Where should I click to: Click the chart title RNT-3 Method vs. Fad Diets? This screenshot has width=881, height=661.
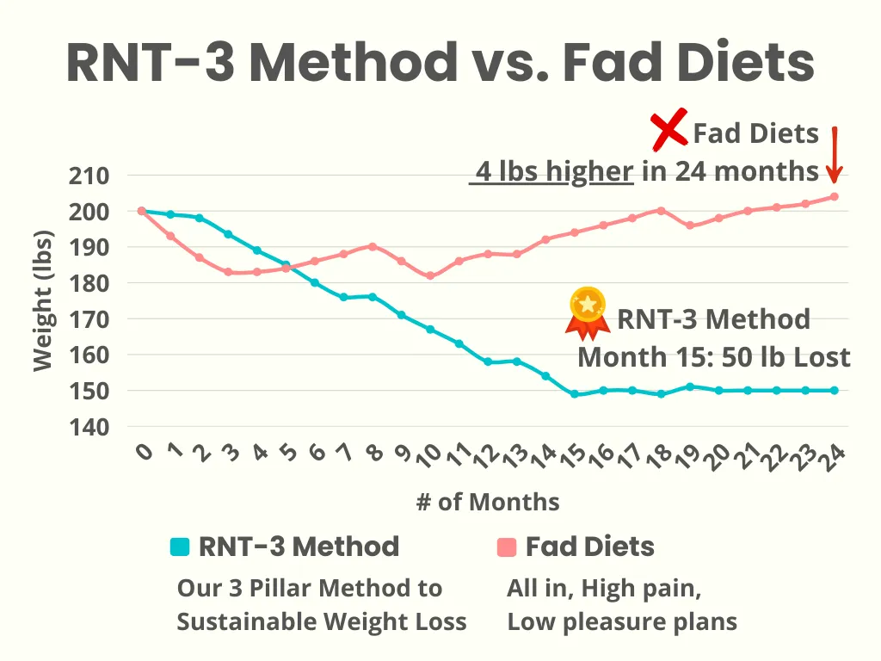[x=440, y=62]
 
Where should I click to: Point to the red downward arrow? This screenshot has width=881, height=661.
[x=834, y=155]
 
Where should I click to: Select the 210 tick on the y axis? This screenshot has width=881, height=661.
[x=89, y=176]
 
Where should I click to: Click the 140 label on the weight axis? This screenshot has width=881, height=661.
[x=89, y=426]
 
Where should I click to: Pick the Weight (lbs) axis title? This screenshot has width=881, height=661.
[x=42, y=301]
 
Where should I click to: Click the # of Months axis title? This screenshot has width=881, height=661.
[x=488, y=502]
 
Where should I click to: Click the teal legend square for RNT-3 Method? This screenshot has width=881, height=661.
[x=180, y=547]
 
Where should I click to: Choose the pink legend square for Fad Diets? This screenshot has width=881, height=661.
[x=507, y=547]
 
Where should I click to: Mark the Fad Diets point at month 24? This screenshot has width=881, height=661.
[x=834, y=196]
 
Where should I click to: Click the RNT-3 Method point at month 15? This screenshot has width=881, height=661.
[x=574, y=394]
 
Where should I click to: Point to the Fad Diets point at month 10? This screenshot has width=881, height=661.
[x=430, y=276]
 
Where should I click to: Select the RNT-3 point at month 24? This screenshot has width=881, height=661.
[x=834, y=390]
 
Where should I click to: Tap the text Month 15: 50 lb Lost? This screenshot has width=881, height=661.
[x=713, y=357]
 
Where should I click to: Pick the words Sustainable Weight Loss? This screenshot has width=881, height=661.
[x=322, y=621]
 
